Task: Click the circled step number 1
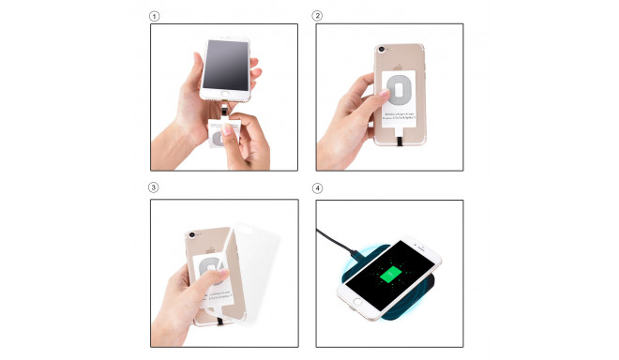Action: [x=156, y=17]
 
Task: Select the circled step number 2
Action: [x=318, y=17]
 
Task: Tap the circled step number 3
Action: [x=156, y=187]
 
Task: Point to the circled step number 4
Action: [x=318, y=187]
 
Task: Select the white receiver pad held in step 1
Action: [x=226, y=135]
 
